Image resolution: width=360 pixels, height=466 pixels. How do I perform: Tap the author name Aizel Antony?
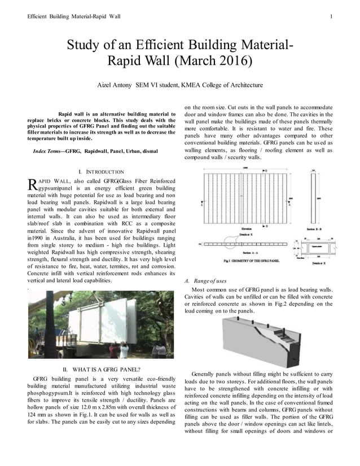115,85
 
